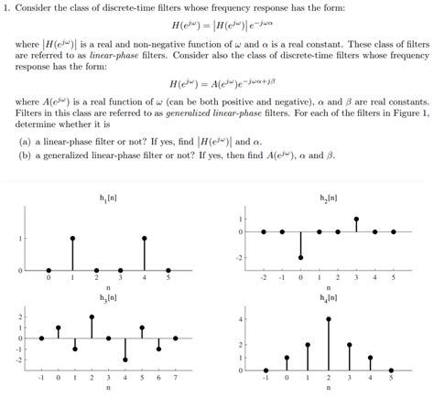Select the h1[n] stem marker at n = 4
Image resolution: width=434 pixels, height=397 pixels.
(x=145, y=238)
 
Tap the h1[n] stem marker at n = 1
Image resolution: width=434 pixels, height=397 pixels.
(x=72, y=238)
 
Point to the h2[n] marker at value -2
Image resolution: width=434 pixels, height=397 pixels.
(x=300, y=258)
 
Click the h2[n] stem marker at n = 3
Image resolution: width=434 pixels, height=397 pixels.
(x=356, y=220)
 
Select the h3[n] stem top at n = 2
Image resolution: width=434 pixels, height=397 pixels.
(x=92, y=317)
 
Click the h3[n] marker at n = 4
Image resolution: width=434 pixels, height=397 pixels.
(x=125, y=359)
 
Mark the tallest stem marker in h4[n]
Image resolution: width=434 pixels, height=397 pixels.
(x=328, y=318)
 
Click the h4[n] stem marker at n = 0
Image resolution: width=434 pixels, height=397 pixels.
(x=287, y=358)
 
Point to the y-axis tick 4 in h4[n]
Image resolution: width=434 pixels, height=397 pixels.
(x=241, y=318)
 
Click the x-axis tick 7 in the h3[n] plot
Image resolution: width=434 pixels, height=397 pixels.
(x=175, y=376)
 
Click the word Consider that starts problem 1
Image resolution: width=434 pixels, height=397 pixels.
(x=37, y=8)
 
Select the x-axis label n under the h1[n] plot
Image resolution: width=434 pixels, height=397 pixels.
(x=109, y=287)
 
